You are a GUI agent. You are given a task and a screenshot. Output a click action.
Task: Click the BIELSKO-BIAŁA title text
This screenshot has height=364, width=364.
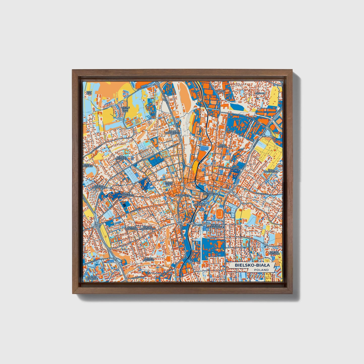point(252,265)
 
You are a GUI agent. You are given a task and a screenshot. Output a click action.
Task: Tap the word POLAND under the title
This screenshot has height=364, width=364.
point(261,270)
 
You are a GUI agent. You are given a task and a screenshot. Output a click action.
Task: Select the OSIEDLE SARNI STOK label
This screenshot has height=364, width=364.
point(125,109)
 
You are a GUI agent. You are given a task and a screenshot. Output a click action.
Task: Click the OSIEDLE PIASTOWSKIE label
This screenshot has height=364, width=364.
point(92,186)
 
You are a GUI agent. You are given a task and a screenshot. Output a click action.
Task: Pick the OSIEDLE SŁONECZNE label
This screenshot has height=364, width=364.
point(132,228)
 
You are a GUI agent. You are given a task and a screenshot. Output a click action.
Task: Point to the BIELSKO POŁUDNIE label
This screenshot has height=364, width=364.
point(149,259)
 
